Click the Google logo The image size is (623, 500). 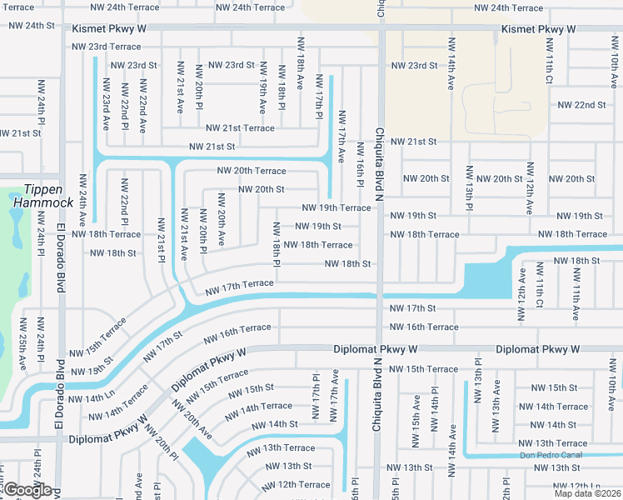[x=27, y=490]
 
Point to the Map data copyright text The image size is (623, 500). [x=586, y=493]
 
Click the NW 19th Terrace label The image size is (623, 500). [x=336, y=207]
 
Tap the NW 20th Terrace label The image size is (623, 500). [x=251, y=170]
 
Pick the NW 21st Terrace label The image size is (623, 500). [x=240, y=127]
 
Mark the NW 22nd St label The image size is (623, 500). [x=581, y=105]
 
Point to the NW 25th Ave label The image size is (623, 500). [x=22, y=342]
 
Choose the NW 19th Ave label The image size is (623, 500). [x=262, y=87]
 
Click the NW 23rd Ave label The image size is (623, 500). [x=106, y=105]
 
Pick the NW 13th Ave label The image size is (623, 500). [x=496, y=407]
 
